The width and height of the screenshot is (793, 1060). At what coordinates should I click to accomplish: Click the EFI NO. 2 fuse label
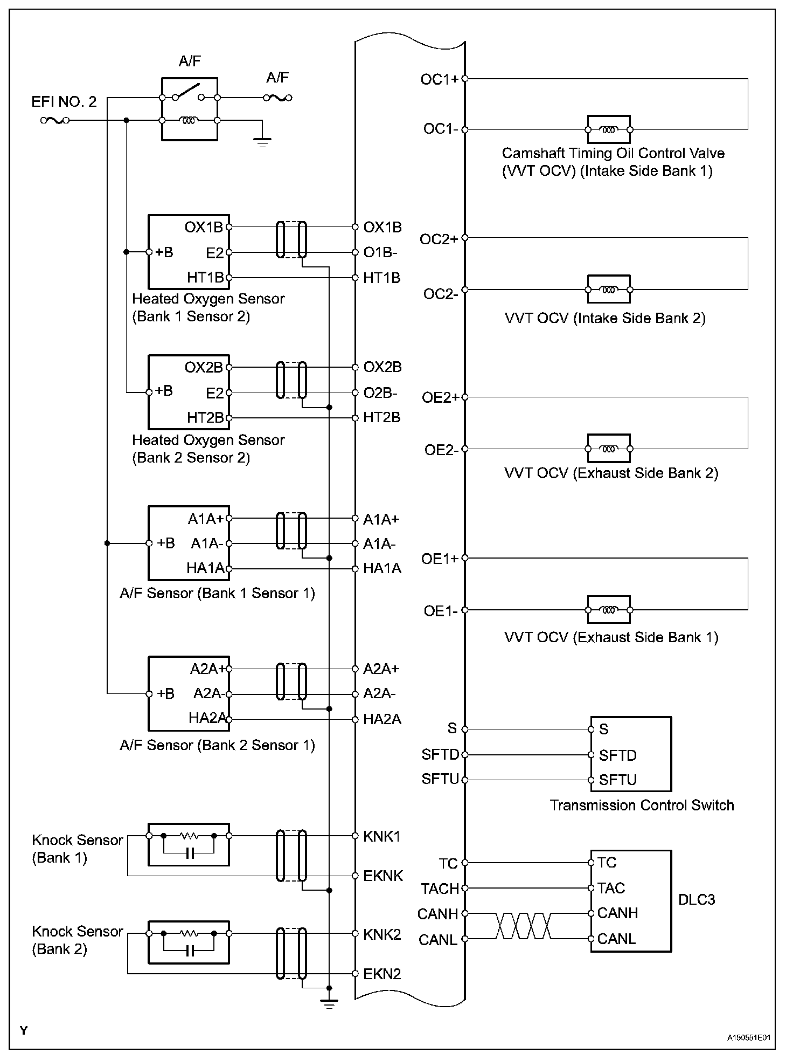64,101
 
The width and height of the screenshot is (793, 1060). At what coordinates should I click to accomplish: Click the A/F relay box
190,109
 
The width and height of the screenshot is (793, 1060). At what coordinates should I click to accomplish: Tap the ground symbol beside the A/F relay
262,142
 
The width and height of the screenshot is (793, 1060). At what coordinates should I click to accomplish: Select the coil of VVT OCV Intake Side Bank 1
608,129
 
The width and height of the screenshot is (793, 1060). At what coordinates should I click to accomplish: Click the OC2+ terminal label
439,239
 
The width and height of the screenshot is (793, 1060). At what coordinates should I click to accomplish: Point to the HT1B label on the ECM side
381,278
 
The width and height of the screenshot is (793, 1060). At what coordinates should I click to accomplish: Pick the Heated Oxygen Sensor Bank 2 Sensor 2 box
189,392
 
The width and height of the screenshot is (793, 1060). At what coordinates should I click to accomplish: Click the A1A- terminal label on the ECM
379,544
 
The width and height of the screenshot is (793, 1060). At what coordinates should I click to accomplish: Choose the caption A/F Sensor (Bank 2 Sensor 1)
217,745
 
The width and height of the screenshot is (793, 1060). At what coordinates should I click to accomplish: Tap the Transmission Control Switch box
631,754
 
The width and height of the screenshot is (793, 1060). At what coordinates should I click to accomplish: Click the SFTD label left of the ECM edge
440,754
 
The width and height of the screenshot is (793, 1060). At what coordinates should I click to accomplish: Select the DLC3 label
697,900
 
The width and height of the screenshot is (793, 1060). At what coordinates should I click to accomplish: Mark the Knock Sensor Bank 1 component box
189,844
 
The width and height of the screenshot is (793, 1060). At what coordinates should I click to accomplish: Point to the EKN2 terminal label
382,974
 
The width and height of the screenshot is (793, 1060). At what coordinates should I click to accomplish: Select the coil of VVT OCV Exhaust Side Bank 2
608,449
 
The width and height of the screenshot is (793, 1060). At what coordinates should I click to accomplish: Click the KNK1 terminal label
381,836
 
